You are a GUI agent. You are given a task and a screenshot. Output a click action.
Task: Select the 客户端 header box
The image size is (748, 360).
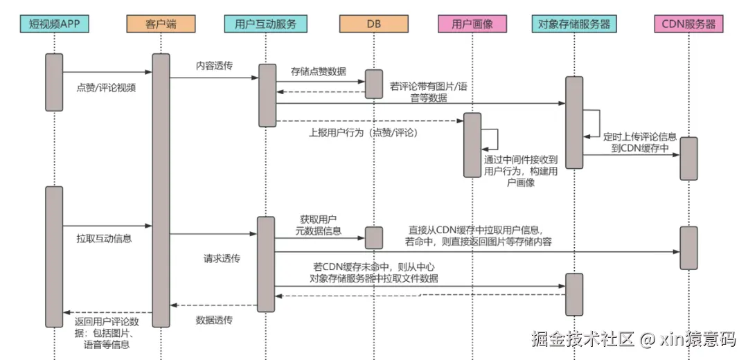coord(161,24)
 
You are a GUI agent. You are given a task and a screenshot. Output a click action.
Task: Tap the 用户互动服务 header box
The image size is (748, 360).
coord(266,24)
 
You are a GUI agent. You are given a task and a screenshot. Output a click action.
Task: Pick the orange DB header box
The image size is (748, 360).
coord(373,24)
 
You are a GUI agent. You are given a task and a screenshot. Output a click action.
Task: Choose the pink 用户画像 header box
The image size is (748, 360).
coord(472,24)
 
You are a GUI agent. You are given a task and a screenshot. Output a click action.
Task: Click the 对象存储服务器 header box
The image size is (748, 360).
coord(574,24)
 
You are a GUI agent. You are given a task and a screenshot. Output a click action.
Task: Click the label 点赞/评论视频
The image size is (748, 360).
coord(106,88)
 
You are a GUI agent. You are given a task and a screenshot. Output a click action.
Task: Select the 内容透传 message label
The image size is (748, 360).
coord(214,66)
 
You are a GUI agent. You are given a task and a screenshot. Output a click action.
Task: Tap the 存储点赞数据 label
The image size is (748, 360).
coord(319,71)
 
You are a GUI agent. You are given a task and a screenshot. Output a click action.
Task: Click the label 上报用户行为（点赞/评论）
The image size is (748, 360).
coord(364,132)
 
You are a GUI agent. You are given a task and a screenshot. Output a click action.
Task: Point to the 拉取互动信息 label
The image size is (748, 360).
coord(104,239)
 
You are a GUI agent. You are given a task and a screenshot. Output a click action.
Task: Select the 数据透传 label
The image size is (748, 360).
coord(214,320)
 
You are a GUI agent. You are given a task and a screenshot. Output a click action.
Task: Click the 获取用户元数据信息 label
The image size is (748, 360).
coord(318,225)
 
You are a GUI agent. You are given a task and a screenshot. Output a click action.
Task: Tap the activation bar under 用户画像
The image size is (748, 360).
coord(472,145)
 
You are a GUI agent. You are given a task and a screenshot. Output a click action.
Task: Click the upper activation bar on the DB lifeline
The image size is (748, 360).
coord(373,84)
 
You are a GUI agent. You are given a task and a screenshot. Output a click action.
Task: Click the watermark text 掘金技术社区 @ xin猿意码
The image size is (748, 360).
coord(633,339)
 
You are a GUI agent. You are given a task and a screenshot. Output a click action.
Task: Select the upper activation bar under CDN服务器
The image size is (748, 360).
coord(688,158)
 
